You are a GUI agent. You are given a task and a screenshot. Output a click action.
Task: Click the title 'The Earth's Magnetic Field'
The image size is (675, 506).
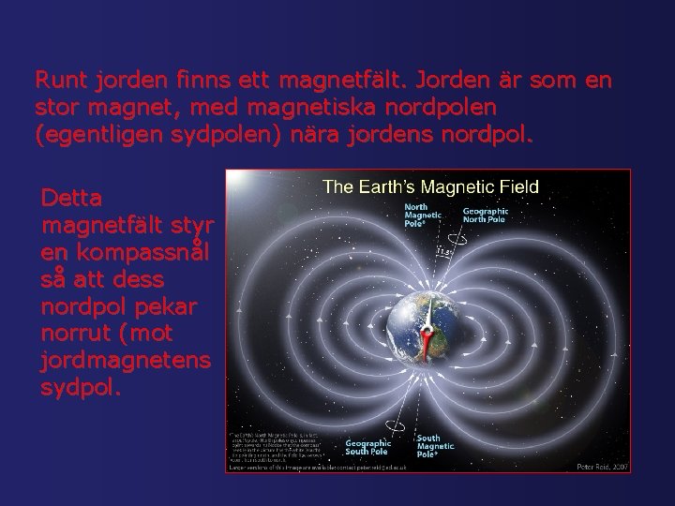pyautogui.click(x=430, y=186)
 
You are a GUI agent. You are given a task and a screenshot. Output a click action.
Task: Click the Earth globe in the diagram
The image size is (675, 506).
pyautogui.click(x=412, y=328)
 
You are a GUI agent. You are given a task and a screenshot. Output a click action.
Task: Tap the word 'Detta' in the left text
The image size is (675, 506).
pyautogui.click(x=67, y=199)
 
